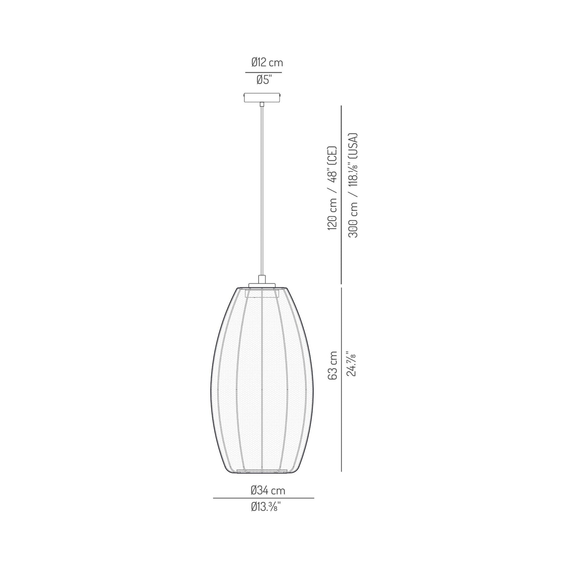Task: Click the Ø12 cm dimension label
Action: [x=267, y=62]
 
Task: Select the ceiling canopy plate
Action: [x=262, y=97]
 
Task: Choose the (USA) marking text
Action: [x=353, y=144]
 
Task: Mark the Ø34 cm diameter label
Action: [x=268, y=490]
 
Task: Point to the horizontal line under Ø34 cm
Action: [x=263, y=498]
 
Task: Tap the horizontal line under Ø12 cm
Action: [x=263, y=73]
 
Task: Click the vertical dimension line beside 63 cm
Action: [x=341, y=379]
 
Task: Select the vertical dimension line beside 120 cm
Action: [x=341, y=195]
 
